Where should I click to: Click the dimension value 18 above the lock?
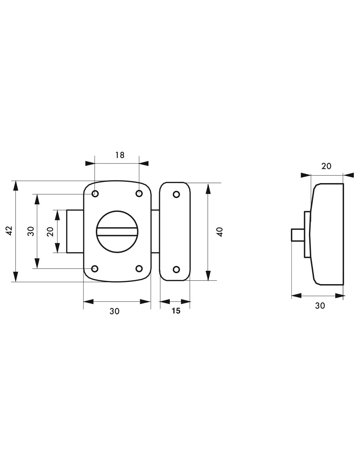(x=120, y=155)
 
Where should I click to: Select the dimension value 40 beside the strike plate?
(x=220, y=232)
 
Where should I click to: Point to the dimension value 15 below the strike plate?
(x=176, y=311)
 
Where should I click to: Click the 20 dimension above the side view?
(x=326, y=166)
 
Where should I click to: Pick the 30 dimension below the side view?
(x=320, y=306)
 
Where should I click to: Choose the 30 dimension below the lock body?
(x=114, y=311)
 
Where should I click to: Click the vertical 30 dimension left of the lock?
(x=31, y=231)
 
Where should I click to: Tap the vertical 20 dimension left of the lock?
(x=50, y=232)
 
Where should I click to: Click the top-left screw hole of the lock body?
(x=95, y=194)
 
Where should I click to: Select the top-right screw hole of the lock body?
(x=139, y=194)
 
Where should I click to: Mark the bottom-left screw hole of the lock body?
(x=95, y=268)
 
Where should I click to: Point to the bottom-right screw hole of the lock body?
(x=139, y=268)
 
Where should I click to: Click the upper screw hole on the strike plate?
(x=176, y=195)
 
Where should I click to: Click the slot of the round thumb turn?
(x=117, y=232)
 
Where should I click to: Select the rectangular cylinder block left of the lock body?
(x=75, y=231)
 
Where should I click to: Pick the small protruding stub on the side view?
(x=298, y=235)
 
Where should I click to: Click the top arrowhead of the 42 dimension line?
(x=15, y=185)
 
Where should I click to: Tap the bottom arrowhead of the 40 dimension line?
(x=208, y=276)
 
